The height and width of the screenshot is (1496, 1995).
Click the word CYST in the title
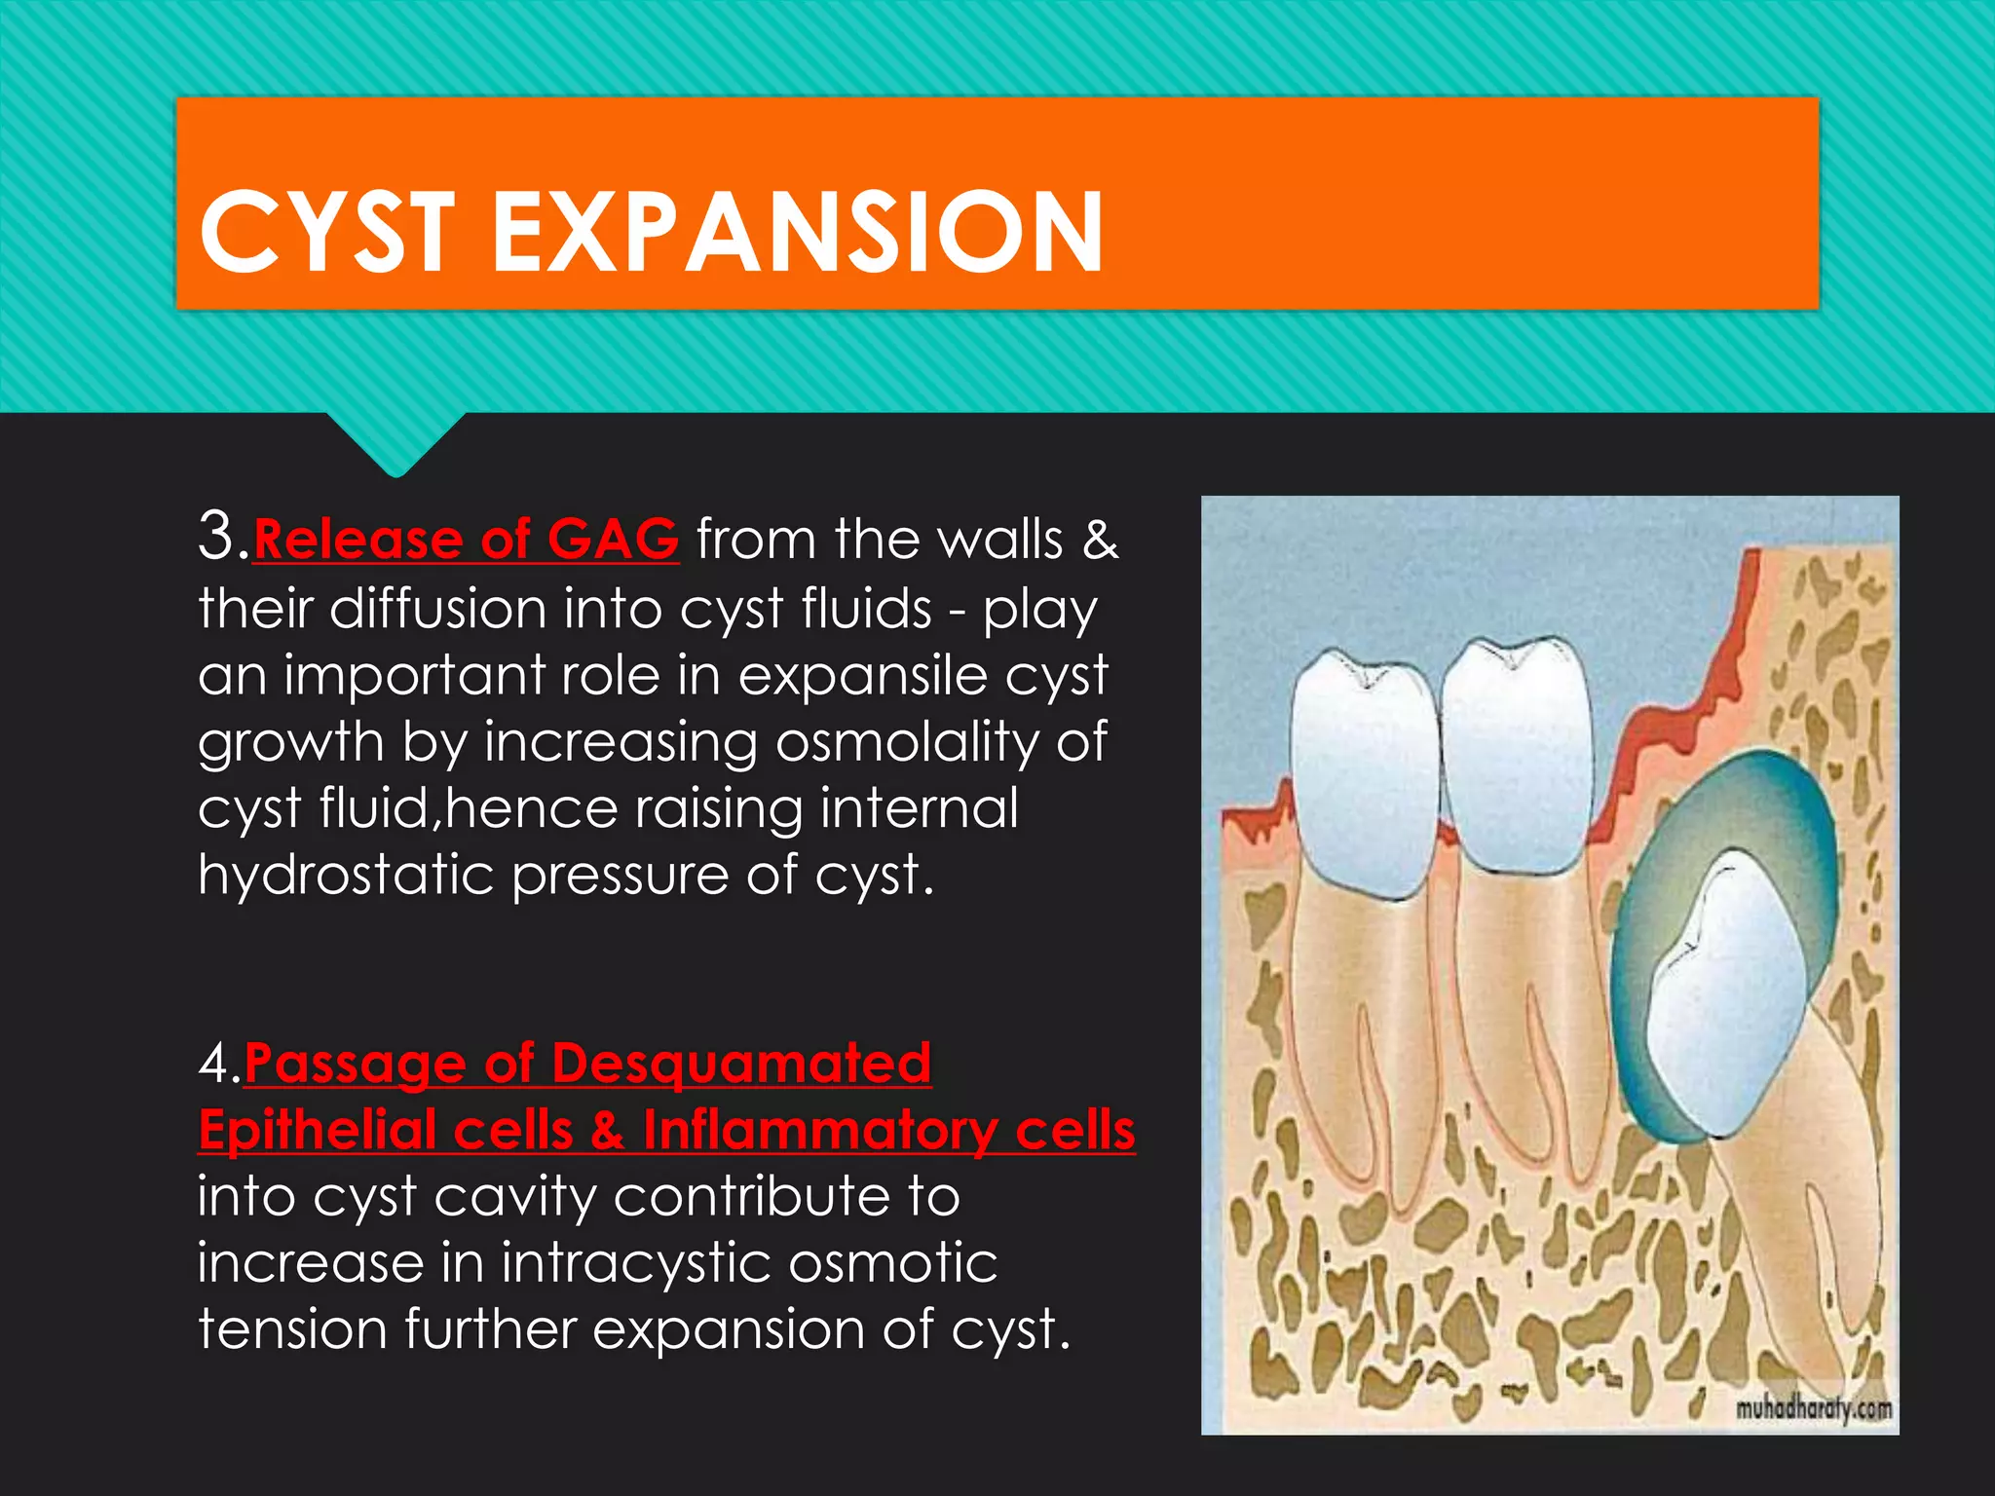[x=327, y=232]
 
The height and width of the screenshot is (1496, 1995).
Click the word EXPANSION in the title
[x=797, y=232]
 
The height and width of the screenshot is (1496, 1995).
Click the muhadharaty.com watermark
[x=1814, y=1408]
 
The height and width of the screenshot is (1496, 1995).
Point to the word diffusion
[x=437, y=609]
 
